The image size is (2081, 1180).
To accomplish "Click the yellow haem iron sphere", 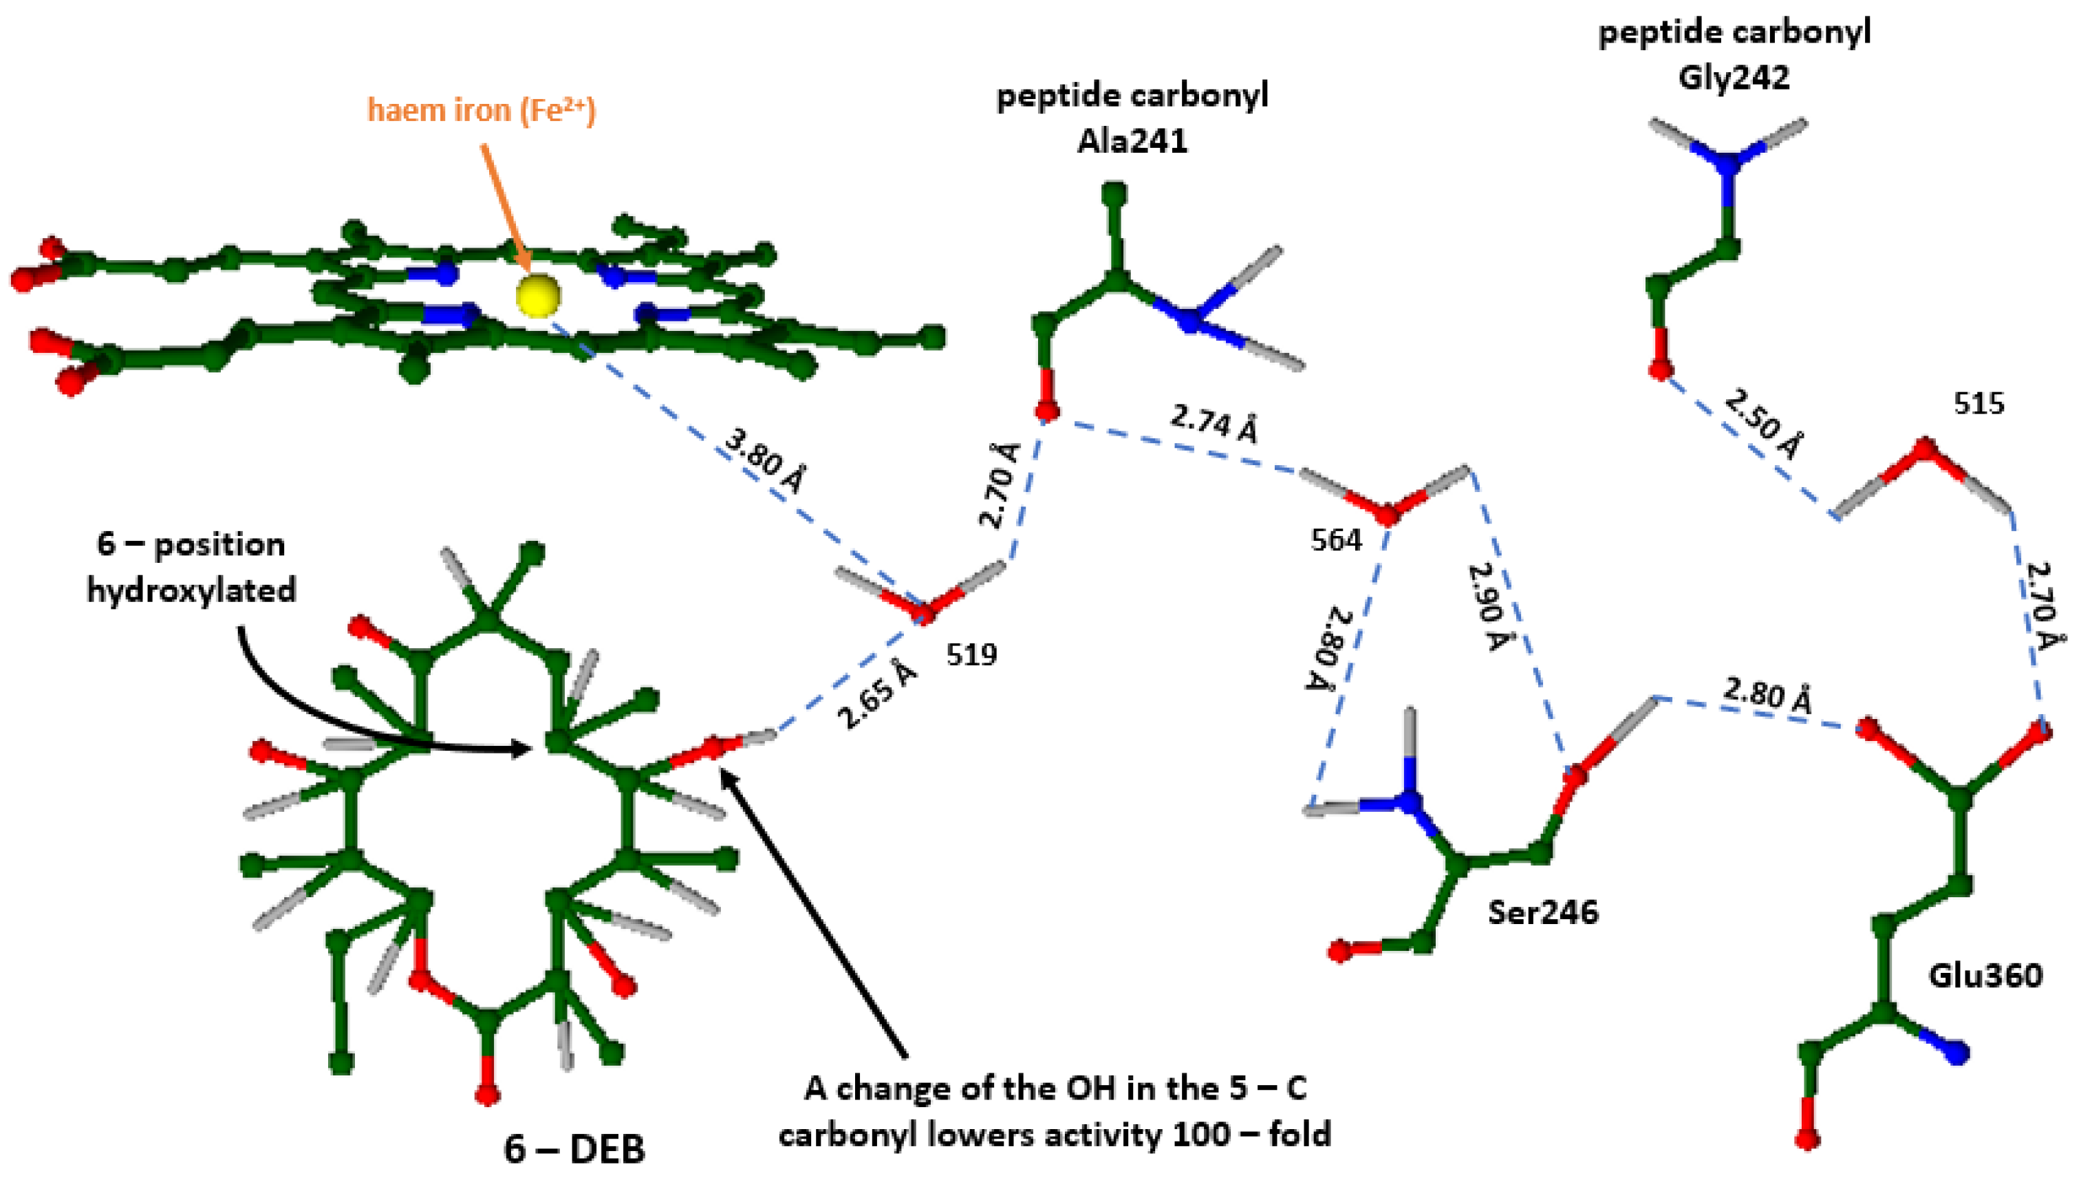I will [538, 295].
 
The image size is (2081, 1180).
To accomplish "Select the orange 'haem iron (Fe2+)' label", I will [481, 110].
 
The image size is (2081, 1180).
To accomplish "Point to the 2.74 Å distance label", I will [1214, 423].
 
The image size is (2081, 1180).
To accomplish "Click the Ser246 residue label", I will [1543, 912].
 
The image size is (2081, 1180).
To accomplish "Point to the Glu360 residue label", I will [1985, 975].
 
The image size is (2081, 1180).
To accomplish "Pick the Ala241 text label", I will [1132, 142].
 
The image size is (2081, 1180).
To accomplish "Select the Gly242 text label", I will [1733, 78].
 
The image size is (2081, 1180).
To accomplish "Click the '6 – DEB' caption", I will [574, 1148].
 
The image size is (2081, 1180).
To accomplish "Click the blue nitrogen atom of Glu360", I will [1957, 1053].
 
